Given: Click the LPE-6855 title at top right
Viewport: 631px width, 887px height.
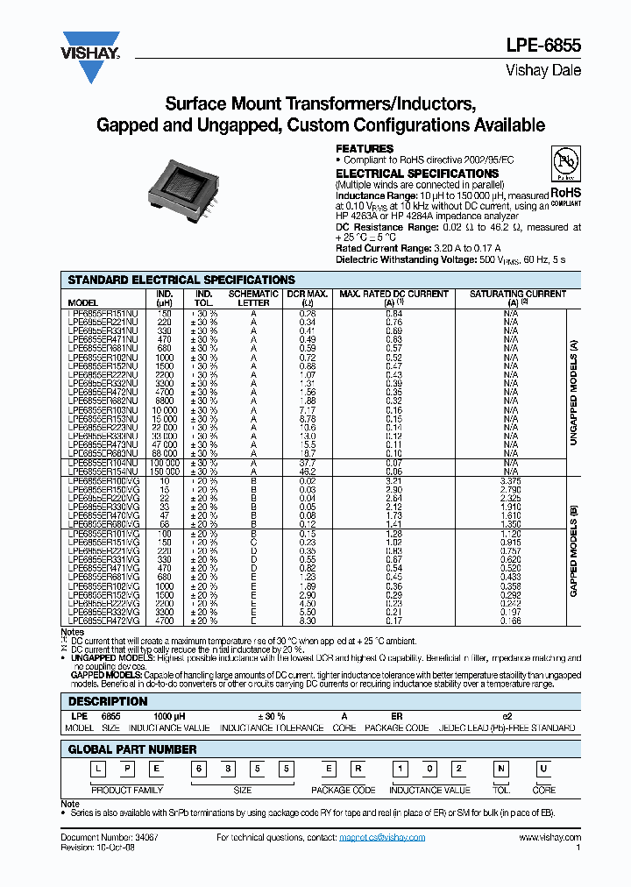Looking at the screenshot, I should [x=543, y=47].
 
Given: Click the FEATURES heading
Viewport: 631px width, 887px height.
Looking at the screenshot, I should [x=365, y=149].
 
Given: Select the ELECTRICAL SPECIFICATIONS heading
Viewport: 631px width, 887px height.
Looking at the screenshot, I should [x=417, y=174].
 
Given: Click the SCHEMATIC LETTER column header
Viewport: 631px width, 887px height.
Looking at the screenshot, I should [x=253, y=298].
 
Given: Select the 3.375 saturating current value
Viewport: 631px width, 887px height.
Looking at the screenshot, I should [x=510, y=480].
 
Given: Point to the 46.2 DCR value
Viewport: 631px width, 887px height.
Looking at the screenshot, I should [x=308, y=472].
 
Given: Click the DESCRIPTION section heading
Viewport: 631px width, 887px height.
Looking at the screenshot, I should [x=108, y=701].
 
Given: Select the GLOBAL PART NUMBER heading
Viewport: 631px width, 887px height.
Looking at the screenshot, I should [x=132, y=749].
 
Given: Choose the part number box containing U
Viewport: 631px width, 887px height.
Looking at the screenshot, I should [x=544, y=769].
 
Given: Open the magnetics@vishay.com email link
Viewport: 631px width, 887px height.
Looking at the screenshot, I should [x=381, y=837].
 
